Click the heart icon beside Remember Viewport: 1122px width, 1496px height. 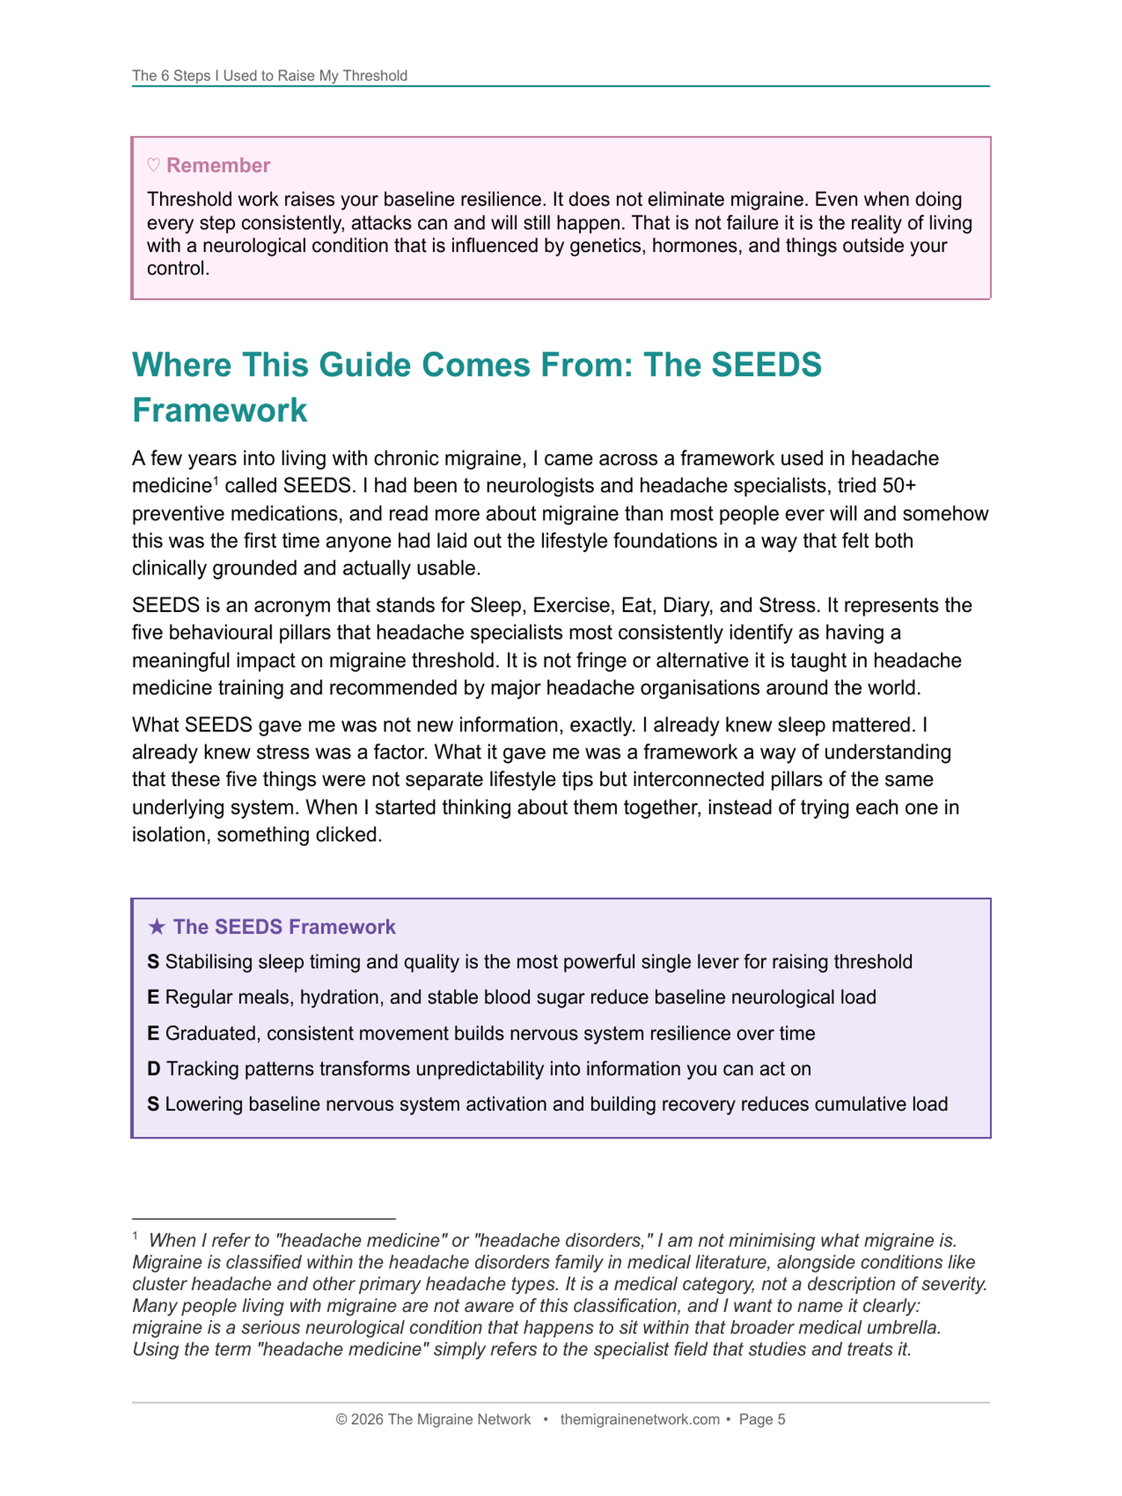pyautogui.click(x=153, y=165)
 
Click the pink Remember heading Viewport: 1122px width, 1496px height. pyautogui.click(x=218, y=165)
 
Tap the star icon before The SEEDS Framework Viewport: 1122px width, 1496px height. pyautogui.click(x=156, y=928)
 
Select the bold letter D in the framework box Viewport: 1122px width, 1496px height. pyautogui.click(x=153, y=1069)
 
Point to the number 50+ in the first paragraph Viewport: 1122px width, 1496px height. pyautogui.click(x=899, y=486)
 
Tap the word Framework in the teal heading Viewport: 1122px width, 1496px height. pyautogui.click(x=220, y=411)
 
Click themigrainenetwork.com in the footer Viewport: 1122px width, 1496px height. pyautogui.click(x=640, y=1420)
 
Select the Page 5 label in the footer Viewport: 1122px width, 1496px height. pyautogui.click(x=762, y=1420)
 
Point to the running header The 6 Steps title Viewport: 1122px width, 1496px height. pyautogui.click(x=269, y=76)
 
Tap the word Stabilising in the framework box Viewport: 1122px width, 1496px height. pyautogui.click(x=209, y=962)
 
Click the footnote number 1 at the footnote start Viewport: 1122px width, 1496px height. pyautogui.click(x=135, y=1236)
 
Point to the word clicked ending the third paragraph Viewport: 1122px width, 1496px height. pyautogui.click(x=347, y=835)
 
